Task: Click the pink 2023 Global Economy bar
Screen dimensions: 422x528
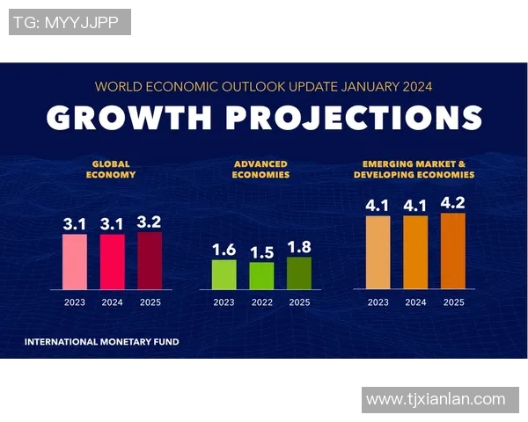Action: [75, 261]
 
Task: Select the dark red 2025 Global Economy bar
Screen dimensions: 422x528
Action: [150, 260]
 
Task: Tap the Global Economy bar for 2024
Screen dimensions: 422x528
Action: [112, 261]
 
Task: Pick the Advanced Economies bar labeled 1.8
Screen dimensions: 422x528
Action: [299, 273]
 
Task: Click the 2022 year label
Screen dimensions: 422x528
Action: [261, 302]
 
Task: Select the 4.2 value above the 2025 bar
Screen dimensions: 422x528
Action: [453, 204]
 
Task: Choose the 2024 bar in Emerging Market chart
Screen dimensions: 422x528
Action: [415, 251]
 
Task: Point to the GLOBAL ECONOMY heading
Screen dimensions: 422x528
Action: [111, 169]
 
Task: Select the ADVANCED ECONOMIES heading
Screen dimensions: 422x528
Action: [261, 169]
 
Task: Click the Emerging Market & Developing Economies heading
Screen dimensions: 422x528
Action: [414, 169]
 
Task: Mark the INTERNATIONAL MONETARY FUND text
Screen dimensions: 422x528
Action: [101, 341]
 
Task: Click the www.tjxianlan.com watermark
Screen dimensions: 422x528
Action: [436, 399]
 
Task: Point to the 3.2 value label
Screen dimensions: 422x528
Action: [150, 223]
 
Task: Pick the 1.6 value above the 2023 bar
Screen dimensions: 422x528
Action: [224, 251]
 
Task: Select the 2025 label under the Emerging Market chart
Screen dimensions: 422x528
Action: [453, 302]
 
